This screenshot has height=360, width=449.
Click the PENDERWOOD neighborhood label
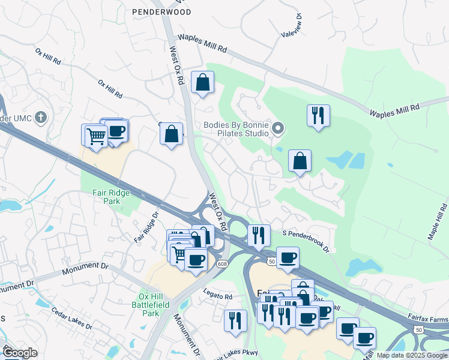162,12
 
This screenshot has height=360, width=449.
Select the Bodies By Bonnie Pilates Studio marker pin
278,128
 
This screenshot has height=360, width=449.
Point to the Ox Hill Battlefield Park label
157,305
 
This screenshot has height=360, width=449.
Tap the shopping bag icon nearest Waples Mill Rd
203,82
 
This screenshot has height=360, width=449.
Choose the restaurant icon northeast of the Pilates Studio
318,115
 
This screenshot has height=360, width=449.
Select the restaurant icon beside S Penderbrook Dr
258,235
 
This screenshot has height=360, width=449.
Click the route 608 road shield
223,264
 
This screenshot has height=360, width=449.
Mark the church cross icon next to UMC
41,116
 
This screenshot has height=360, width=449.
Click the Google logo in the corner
20,353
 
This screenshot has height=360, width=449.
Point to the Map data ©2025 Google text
411,355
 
